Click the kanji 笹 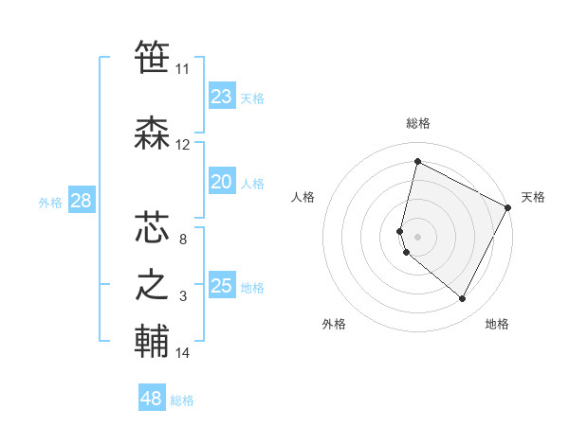click(152, 59)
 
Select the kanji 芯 click(152, 228)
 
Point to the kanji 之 click(152, 285)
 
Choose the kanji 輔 click(152, 342)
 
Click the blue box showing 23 click(222, 97)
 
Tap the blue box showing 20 click(222, 182)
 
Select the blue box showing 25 click(222, 286)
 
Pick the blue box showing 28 click(81, 201)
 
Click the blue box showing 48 click(152, 399)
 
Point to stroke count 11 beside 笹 click(182, 69)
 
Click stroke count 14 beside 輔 click(183, 353)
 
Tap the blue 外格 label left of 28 click(50, 202)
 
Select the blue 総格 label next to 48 click(182, 400)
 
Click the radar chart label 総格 click(418, 123)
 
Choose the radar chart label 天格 click(533, 197)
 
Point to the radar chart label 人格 click(303, 197)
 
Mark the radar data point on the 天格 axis click(509, 207)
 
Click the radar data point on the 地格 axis click(463, 299)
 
